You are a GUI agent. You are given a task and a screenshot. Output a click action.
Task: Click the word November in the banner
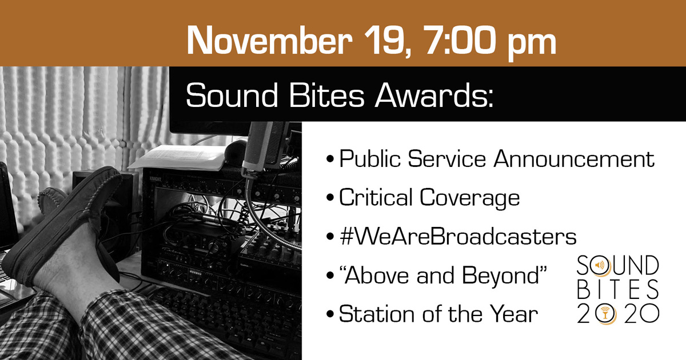(269, 41)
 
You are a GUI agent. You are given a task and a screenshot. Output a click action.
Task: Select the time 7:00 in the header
(460, 40)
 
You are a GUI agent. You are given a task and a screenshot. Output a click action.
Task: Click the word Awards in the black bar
(434, 95)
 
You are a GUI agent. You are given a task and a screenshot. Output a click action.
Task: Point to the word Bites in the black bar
(326, 95)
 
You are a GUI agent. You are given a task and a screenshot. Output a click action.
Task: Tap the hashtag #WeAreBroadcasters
(458, 237)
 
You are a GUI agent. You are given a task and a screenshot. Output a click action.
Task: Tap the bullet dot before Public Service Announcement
(330, 159)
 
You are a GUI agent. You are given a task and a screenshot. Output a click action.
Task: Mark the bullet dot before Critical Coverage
(330, 198)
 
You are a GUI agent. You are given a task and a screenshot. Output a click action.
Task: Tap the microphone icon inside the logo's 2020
(605, 314)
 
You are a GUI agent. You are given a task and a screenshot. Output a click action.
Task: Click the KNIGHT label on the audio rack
(155, 179)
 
